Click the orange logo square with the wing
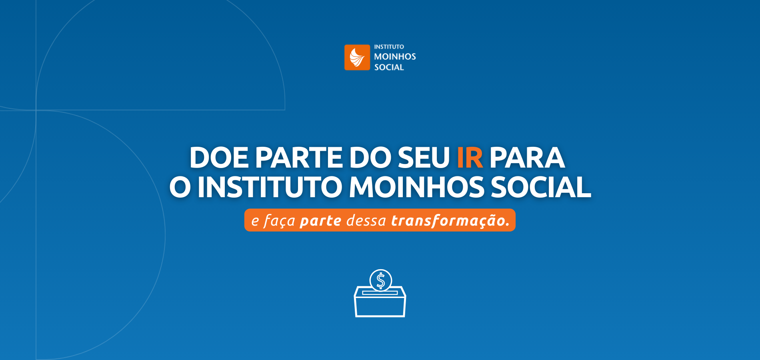(357, 57)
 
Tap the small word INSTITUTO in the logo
(389, 47)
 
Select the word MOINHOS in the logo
(395, 57)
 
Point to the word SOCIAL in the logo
(389, 67)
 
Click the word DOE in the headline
(219, 158)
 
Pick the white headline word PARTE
(298, 158)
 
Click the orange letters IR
(470, 158)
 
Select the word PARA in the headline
(527, 158)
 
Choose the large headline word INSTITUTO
(270, 187)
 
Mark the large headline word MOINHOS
(416, 187)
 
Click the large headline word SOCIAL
(541, 187)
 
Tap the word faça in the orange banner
(279, 220)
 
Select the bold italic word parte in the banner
(320, 220)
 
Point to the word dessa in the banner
(366, 220)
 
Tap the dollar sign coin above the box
(381, 280)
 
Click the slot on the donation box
(380, 293)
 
